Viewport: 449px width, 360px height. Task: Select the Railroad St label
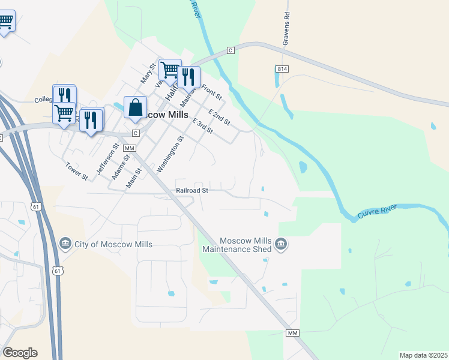[x=192, y=190]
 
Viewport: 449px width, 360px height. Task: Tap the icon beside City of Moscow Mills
[x=65, y=244]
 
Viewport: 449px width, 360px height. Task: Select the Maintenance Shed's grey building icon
[x=280, y=244]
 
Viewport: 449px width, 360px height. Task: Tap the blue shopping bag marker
[x=135, y=107]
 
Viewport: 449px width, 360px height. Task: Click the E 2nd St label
[x=219, y=117]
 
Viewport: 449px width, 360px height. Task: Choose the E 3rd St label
[x=202, y=126]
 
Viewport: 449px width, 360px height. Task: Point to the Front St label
[x=212, y=92]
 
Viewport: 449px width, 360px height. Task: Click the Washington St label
[x=169, y=155]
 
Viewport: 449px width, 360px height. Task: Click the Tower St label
[x=77, y=172]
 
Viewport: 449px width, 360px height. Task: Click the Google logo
[x=20, y=353]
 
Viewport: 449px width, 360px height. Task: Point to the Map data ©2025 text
[x=424, y=355]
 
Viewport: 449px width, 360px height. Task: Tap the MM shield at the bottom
[x=292, y=333]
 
